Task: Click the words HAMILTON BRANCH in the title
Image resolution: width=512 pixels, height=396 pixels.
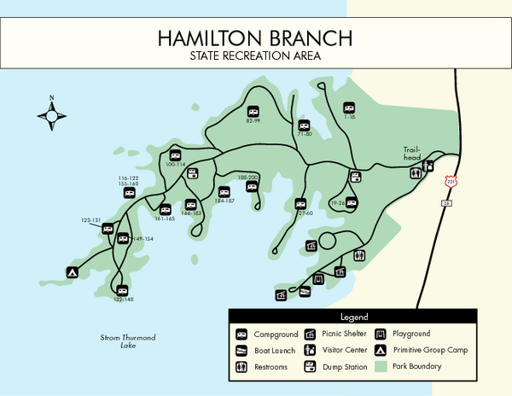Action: [x=256, y=38]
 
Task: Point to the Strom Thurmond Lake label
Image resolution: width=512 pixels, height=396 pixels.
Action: [x=128, y=341]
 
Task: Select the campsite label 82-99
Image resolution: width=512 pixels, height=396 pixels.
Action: [x=253, y=121]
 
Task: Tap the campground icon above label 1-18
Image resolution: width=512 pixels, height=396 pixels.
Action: [x=348, y=108]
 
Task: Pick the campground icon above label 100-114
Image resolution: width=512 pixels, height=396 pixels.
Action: [x=175, y=155]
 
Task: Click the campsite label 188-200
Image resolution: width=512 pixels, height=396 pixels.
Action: [x=248, y=176]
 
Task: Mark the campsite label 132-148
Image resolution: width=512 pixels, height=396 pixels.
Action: [x=124, y=300]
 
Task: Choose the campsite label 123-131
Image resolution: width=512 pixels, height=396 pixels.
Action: [x=92, y=220]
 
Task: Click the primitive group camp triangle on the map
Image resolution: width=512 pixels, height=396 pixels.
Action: [x=73, y=273]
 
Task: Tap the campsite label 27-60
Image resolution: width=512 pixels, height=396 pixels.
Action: [x=304, y=213]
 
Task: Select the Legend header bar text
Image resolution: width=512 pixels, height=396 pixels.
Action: [x=352, y=317]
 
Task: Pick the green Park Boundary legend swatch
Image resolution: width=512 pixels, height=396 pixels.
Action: [x=380, y=367]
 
